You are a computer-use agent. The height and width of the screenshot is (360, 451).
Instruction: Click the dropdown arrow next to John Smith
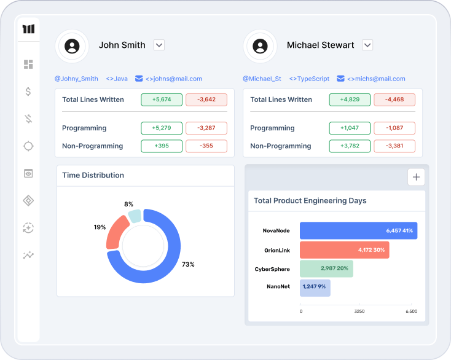(x=159, y=45)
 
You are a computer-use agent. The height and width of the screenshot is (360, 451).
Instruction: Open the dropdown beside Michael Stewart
(x=367, y=45)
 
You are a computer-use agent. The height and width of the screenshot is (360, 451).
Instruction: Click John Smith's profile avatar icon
(x=73, y=45)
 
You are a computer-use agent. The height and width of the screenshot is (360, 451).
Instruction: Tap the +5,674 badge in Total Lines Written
(x=161, y=100)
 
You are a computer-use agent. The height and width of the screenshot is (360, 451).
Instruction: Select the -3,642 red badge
(x=206, y=100)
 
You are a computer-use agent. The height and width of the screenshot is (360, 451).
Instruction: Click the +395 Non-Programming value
(x=161, y=146)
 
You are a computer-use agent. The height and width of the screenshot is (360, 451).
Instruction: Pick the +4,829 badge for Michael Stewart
(x=350, y=100)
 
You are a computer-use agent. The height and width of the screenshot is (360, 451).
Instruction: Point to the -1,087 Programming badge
(x=394, y=128)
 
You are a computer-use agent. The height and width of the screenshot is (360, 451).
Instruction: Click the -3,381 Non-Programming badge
(x=394, y=146)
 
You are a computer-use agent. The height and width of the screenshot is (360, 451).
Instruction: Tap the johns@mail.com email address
(x=174, y=79)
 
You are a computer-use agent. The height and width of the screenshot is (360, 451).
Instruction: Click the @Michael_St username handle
(x=262, y=79)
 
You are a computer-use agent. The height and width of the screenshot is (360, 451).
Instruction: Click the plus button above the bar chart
(x=416, y=177)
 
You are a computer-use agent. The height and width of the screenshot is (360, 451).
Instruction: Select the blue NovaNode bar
(x=358, y=230)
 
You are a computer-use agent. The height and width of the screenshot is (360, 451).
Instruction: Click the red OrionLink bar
(x=344, y=250)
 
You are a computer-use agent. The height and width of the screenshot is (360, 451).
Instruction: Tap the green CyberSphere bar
(x=326, y=268)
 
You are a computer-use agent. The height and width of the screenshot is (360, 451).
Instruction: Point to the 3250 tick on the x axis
(x=359, y=311)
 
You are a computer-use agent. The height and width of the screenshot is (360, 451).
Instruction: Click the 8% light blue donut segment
(x=135, y=216)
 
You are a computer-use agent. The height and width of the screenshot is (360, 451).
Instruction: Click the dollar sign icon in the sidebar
(x=28, y=92)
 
